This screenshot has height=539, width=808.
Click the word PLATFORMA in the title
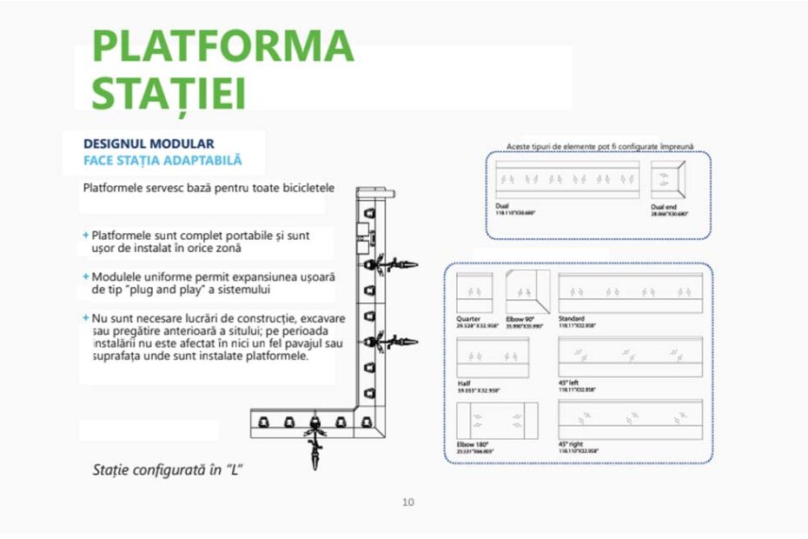pyautogui.click(x=222, y=45)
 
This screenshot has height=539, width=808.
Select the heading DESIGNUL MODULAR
pyautogui.click(x=149, y=143)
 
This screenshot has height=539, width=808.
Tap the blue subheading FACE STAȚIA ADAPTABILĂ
pyautogui.click(x=162, y=161)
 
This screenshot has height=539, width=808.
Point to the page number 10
pyautogui.click(x=408, y=502)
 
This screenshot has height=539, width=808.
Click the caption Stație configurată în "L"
pyautogui.click(x=167, y=469)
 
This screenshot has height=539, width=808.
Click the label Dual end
pyautogui.click(x=665, y=206)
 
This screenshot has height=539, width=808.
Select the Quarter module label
pyautogui.click(x=468, y=319)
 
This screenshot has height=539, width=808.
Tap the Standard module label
pyautogui.click(x=573, y=319)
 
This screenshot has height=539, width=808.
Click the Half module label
pyautogui.click(x=464, y=383)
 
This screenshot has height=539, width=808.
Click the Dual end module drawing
pyautogui.click(x=668, y=180)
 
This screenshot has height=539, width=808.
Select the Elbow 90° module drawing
pyautogui.click(x=527, y=293)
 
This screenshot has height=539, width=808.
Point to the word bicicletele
pyautogui.click(x=295, y=187)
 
